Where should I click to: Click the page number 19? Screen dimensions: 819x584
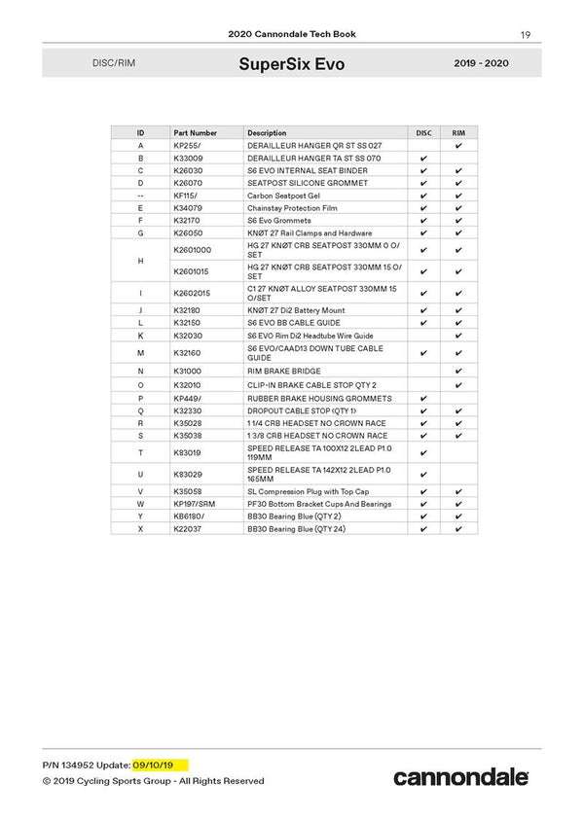tap(525, 35)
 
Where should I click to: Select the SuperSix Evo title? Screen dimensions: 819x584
tap(291, 64)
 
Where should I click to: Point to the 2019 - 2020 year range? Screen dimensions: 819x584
tap(482, 64)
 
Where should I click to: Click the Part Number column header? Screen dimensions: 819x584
tap(196, 132)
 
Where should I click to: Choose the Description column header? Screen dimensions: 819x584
tap(267, 132)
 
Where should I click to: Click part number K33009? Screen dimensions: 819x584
tap(188, 158)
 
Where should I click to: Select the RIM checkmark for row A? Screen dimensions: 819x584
tap(458, 145)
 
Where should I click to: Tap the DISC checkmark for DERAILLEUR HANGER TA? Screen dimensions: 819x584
tap(423, 158)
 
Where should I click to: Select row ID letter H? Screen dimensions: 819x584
tap(141, 263)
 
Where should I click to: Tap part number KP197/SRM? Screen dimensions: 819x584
tap(193, 505)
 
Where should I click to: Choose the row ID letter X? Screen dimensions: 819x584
tap(141, 528)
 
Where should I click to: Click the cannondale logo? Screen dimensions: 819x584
tap(461, 776)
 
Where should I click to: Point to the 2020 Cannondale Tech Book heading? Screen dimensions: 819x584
tap(292, 34)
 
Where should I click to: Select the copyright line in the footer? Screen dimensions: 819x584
tap(153, 781)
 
